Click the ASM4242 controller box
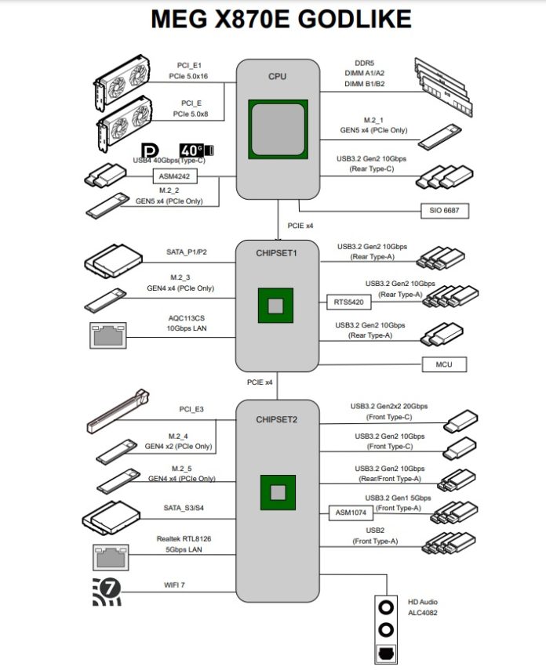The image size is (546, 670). click(x=174, y=177)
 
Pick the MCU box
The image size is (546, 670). click(x=443, y=364)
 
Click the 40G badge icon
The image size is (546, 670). click(x=196, y=150)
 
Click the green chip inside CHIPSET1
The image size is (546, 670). click(x=277, y=306)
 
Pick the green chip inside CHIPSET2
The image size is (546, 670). click(x=277, y=492)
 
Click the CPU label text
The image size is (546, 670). click(x=277, y=76)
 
